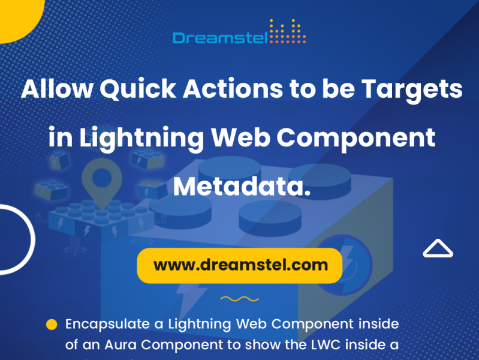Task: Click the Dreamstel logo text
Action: [x=220, y=38]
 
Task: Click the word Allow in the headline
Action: [x=57, y=90]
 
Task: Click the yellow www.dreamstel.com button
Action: [x=240, y=265]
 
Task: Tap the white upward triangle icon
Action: [x=438, y=248]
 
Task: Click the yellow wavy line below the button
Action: [x=239, y=298]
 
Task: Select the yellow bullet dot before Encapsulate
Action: [x=52, y=325]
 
